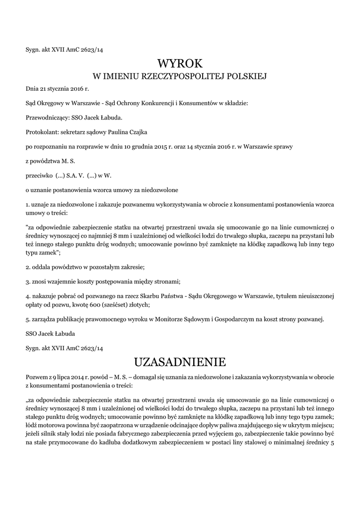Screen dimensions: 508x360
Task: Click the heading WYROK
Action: [x=180, y=63]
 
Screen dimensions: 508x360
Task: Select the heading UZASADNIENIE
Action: [x=180, y=360]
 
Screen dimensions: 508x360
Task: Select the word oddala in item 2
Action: [x=41, y=267]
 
